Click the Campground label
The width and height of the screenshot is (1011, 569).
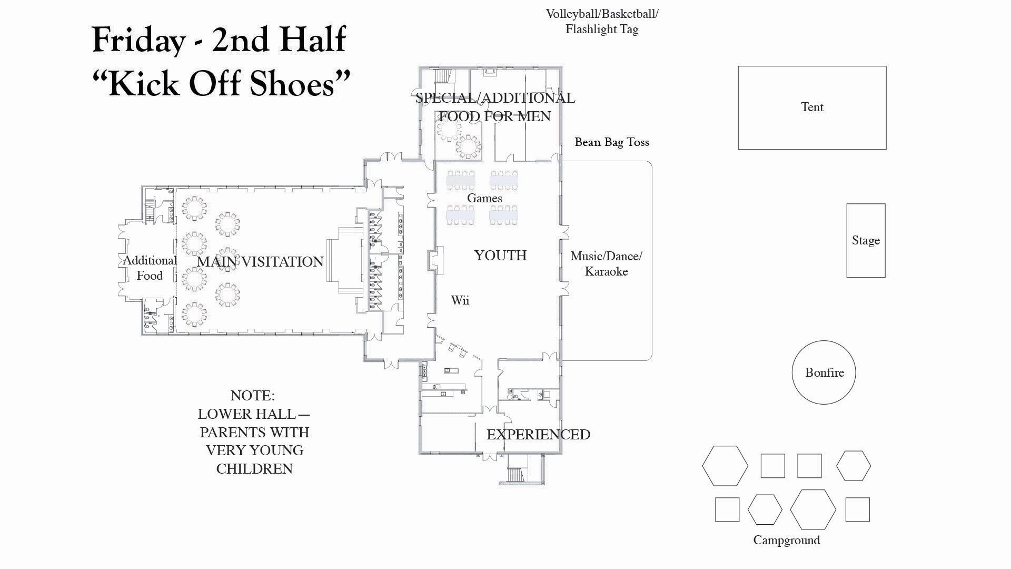coord(786,540)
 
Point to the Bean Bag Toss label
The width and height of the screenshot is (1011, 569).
coord(612,142)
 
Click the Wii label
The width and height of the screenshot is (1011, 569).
coord(460,300)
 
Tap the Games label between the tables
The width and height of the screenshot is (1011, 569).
coord(484,198)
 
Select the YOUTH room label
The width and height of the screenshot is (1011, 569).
coord(500,256)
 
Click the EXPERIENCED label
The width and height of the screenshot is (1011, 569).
coord(538,435)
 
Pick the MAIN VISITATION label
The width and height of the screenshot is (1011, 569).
coord(260,262)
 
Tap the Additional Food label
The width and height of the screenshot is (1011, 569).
coord(150,268)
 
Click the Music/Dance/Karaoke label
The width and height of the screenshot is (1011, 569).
coord(606,263)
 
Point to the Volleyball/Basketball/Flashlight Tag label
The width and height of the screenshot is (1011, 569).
coord(602,22)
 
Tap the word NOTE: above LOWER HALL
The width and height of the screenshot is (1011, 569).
coord(253,396)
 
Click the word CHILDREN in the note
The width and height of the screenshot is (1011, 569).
coord(254,469)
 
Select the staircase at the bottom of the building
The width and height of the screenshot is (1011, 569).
coord(521,468)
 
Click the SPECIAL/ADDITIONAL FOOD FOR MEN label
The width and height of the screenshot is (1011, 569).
coord(495,107)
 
